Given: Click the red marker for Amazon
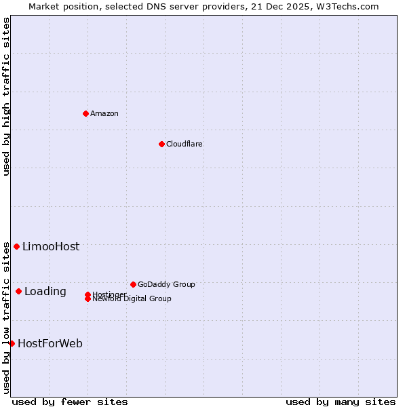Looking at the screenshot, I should pyautogui.click(x=85, y=113).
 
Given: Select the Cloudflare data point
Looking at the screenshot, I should pyautogui.click(x=161, y=144).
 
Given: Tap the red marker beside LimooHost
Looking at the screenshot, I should pyautogui.click(x=16, y=246).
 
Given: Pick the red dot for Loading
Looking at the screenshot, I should pyautogui.click(x=18, y=291).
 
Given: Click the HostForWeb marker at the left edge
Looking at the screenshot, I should pyautogui.click(x=12, y=343).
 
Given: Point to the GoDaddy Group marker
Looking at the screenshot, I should pyautogui.click(x=133, y=284).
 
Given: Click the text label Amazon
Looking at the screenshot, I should pyautogui.click(x=104, y=113).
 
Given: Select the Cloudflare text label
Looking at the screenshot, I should pyautogui.click(x=184, y=144).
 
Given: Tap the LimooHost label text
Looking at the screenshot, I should pyautogui.click(x=51, y=247).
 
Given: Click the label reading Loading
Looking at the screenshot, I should pyautogui.click(x=45, y=292).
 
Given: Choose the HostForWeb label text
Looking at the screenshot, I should pyautogui.click(x=50, y=344).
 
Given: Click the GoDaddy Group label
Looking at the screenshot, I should pyautogui.click(x=166, y=284).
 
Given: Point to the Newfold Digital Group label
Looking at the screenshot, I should pyautogui.click(x=132, y=299).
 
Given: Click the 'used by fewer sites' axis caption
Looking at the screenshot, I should pyautogui.click(x=70, y=402).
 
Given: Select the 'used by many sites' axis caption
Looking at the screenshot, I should pyautogui.click(x=341, y=402).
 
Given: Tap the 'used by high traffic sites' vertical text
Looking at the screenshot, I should pyautogui.click(x=6, y=96).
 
